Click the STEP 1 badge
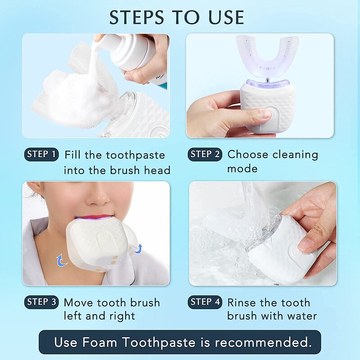pos(41,154)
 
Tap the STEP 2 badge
pos(205,154)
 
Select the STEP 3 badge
pos(41,302)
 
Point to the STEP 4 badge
pos(205,302)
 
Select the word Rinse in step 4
pos(243,302)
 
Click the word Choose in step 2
pos(248,155)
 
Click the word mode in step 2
pos(243,169)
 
